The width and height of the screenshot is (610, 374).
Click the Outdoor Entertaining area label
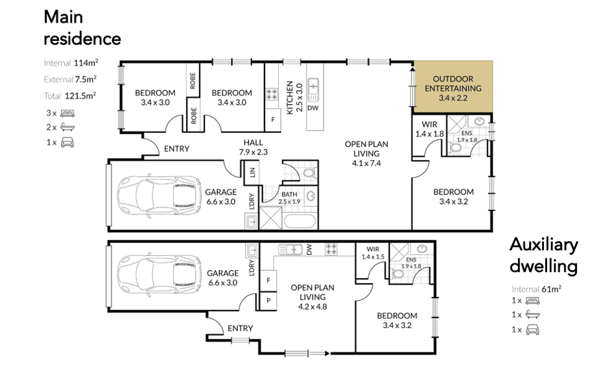(453, 88)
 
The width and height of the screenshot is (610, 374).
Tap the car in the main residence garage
(159, 196)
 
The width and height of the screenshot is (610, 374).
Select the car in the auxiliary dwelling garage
(159, 276)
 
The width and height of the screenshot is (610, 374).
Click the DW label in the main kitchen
(313, 108)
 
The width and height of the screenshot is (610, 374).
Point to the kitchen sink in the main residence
(313, 90)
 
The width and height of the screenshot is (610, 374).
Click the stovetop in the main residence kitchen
(272, 94)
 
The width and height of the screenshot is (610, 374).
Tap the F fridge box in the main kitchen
(273, 120)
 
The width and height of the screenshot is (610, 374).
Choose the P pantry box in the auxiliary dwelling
(268, 301)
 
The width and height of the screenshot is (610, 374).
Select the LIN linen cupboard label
(252, 172)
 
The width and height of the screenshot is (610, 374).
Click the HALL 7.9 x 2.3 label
(253, 147)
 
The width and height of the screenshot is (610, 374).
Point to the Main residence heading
(82, 28)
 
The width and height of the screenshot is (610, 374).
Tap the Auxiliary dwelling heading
(543, 255)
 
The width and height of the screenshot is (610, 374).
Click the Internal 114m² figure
(71, 63)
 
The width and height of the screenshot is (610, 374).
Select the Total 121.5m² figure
(70, 96)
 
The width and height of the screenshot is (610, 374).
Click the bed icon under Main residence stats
(67, 113)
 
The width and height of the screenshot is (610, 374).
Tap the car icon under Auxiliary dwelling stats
(533, 330)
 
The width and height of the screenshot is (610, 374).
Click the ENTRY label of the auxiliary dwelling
(240, 329)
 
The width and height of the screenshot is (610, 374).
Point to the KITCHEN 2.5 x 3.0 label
(294, 98)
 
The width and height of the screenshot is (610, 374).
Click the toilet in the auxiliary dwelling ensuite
(397, 274)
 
